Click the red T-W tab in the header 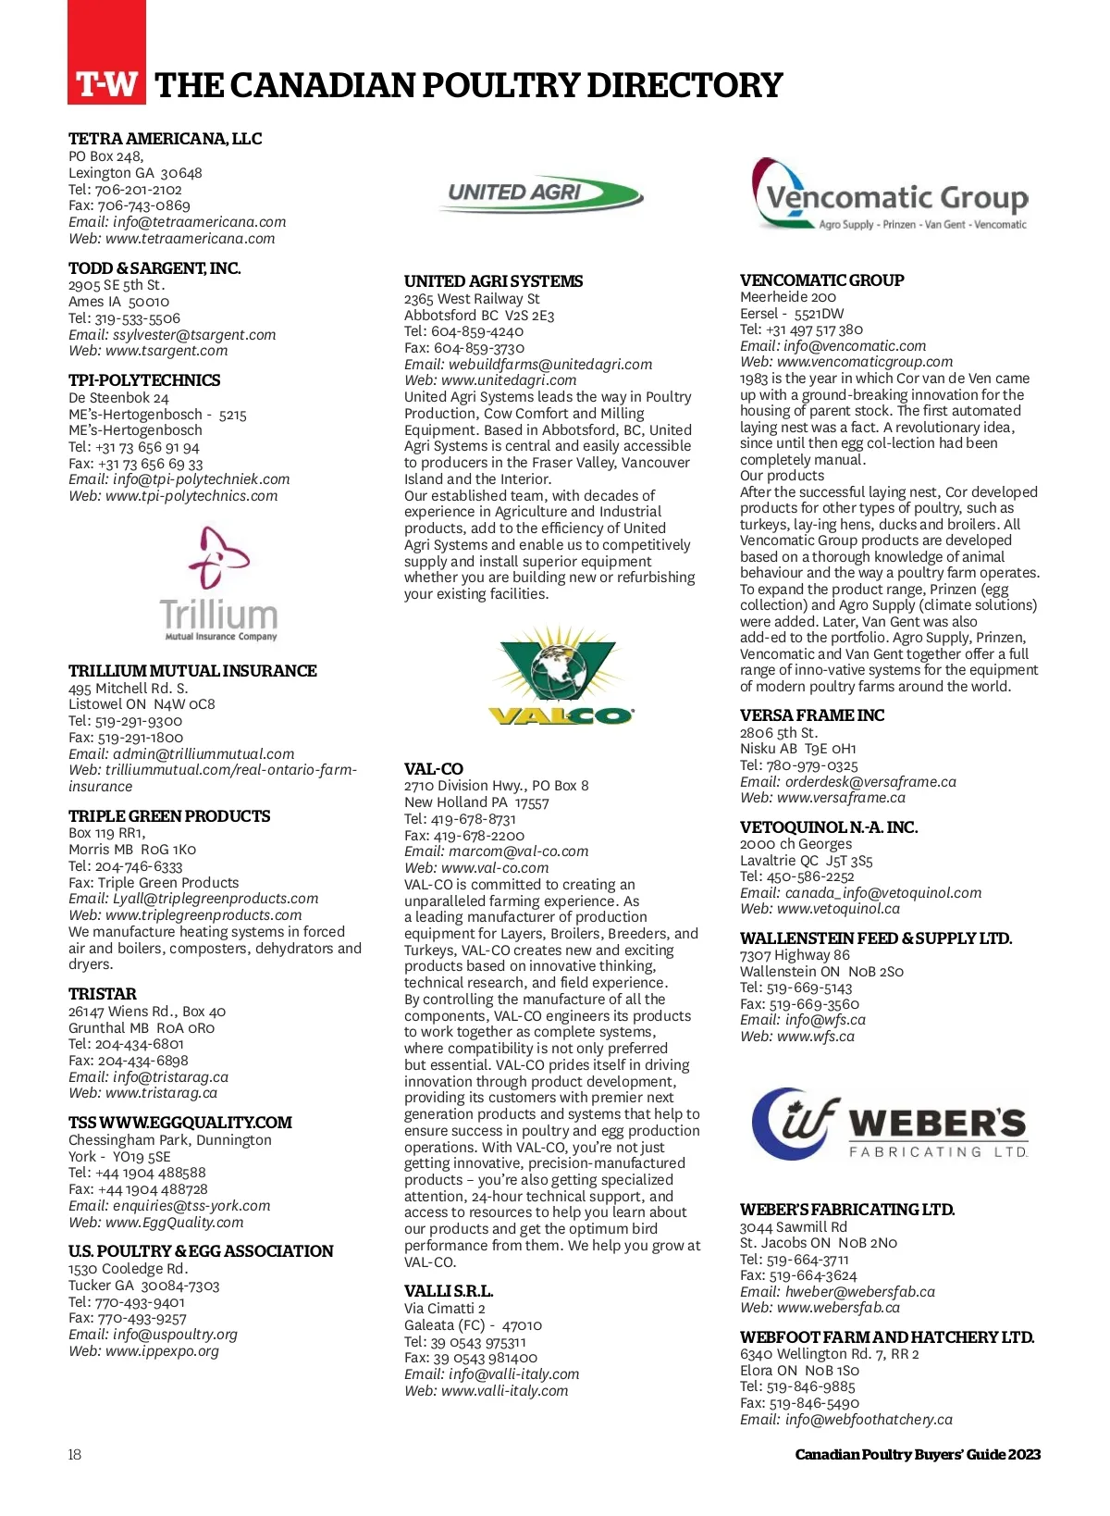coord(106,83)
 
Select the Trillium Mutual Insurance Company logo coord(219,584)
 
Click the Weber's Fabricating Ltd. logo coord(890,1124)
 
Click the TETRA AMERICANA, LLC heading coord(165,139)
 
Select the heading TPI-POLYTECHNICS coord(144,380)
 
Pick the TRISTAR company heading coord(103,994)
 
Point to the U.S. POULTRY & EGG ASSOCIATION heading coord(201,1251)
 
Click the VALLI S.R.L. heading coord(449,1291)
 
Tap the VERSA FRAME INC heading coord(812,715)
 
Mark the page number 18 coord(75,1455)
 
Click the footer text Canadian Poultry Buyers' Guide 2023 coord(918,1455)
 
